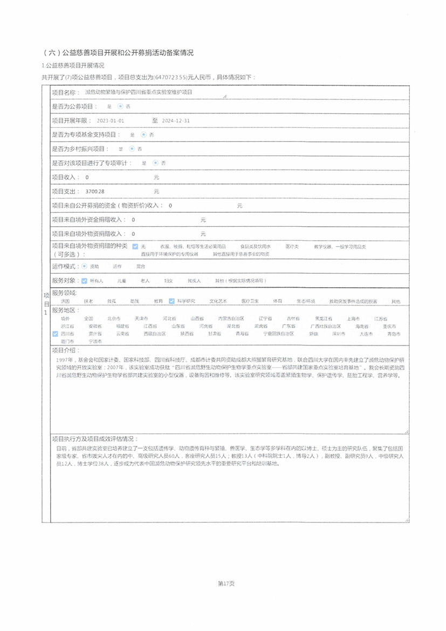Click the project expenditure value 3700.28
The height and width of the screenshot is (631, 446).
[x=94, y=192]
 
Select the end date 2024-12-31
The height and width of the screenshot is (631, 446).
[x=175, y=121]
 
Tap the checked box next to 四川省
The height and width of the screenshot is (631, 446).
[x=55, y=334]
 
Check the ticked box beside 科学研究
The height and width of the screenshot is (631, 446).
[x=171, y=301]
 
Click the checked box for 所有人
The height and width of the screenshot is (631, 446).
[x=84, y=281]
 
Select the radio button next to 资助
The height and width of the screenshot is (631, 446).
[x=84, y=266]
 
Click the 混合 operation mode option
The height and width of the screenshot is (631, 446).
[x=140, y=267]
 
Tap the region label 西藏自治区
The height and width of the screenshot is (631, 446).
[x=154, y=334]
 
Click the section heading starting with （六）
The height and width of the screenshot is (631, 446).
[x=118, y=53]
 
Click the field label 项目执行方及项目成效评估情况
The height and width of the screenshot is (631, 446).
[x=94, y=439]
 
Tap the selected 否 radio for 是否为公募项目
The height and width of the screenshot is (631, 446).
[x=120, y=106]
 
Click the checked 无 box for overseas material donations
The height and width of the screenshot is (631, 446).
[x=135, y=246]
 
